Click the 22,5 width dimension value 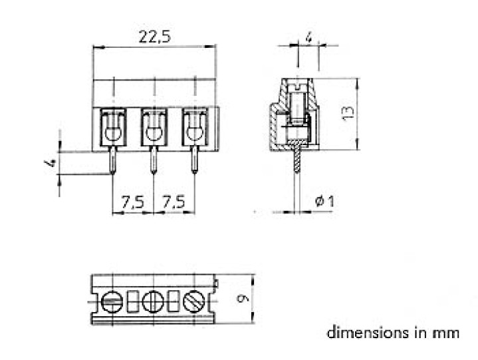pos(155,37)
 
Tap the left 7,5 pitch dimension pos(132,202)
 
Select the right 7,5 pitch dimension pos(174,202)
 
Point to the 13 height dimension pos(349,113)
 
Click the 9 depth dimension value pos(243,298)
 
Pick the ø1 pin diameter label pos(324,202)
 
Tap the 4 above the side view pos(309,37)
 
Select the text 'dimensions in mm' pos(393,333)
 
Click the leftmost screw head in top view pos(112,301)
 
